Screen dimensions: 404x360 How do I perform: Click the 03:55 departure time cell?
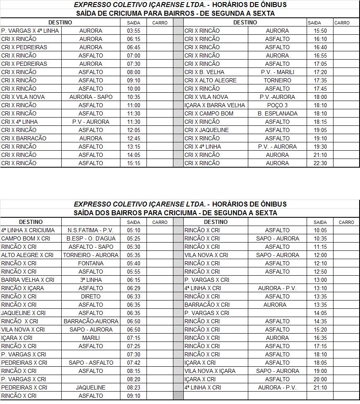134,31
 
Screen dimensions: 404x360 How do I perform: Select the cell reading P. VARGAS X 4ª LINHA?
30,31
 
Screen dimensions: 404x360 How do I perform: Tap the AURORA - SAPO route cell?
91,97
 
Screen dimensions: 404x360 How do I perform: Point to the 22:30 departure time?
320,163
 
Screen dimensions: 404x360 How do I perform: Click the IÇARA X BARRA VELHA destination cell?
215,105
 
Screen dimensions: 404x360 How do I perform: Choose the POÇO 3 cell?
277,105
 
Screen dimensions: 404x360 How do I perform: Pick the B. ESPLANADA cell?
277,113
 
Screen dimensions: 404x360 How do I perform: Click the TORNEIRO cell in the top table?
277,80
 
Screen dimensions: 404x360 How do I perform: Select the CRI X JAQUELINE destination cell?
206,130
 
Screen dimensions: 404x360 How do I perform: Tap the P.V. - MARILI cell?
277,72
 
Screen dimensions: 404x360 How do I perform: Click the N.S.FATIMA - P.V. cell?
91,230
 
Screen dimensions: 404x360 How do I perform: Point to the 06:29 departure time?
134,288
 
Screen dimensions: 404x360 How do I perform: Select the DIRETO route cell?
91,296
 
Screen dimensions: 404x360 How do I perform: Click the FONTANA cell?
91,263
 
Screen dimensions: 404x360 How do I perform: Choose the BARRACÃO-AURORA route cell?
91,321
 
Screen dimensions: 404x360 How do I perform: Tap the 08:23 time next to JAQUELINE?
134,387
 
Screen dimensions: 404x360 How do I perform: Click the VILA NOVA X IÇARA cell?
210,371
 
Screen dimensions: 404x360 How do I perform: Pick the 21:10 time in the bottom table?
320,387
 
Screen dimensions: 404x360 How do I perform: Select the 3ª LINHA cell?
91,280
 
